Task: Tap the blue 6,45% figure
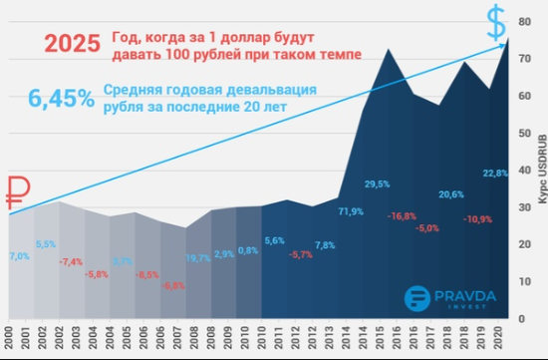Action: point(61,99)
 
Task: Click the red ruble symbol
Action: point(18,191)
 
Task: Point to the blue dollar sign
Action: point(495,19)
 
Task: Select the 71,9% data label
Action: point(351,211)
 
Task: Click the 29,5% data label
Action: point(377,183)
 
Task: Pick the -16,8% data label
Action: point(402,215)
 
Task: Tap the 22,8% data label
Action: point(495,173)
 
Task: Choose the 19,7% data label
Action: point(198,258)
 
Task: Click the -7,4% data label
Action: point(71,261)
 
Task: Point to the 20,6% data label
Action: point(451,193)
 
